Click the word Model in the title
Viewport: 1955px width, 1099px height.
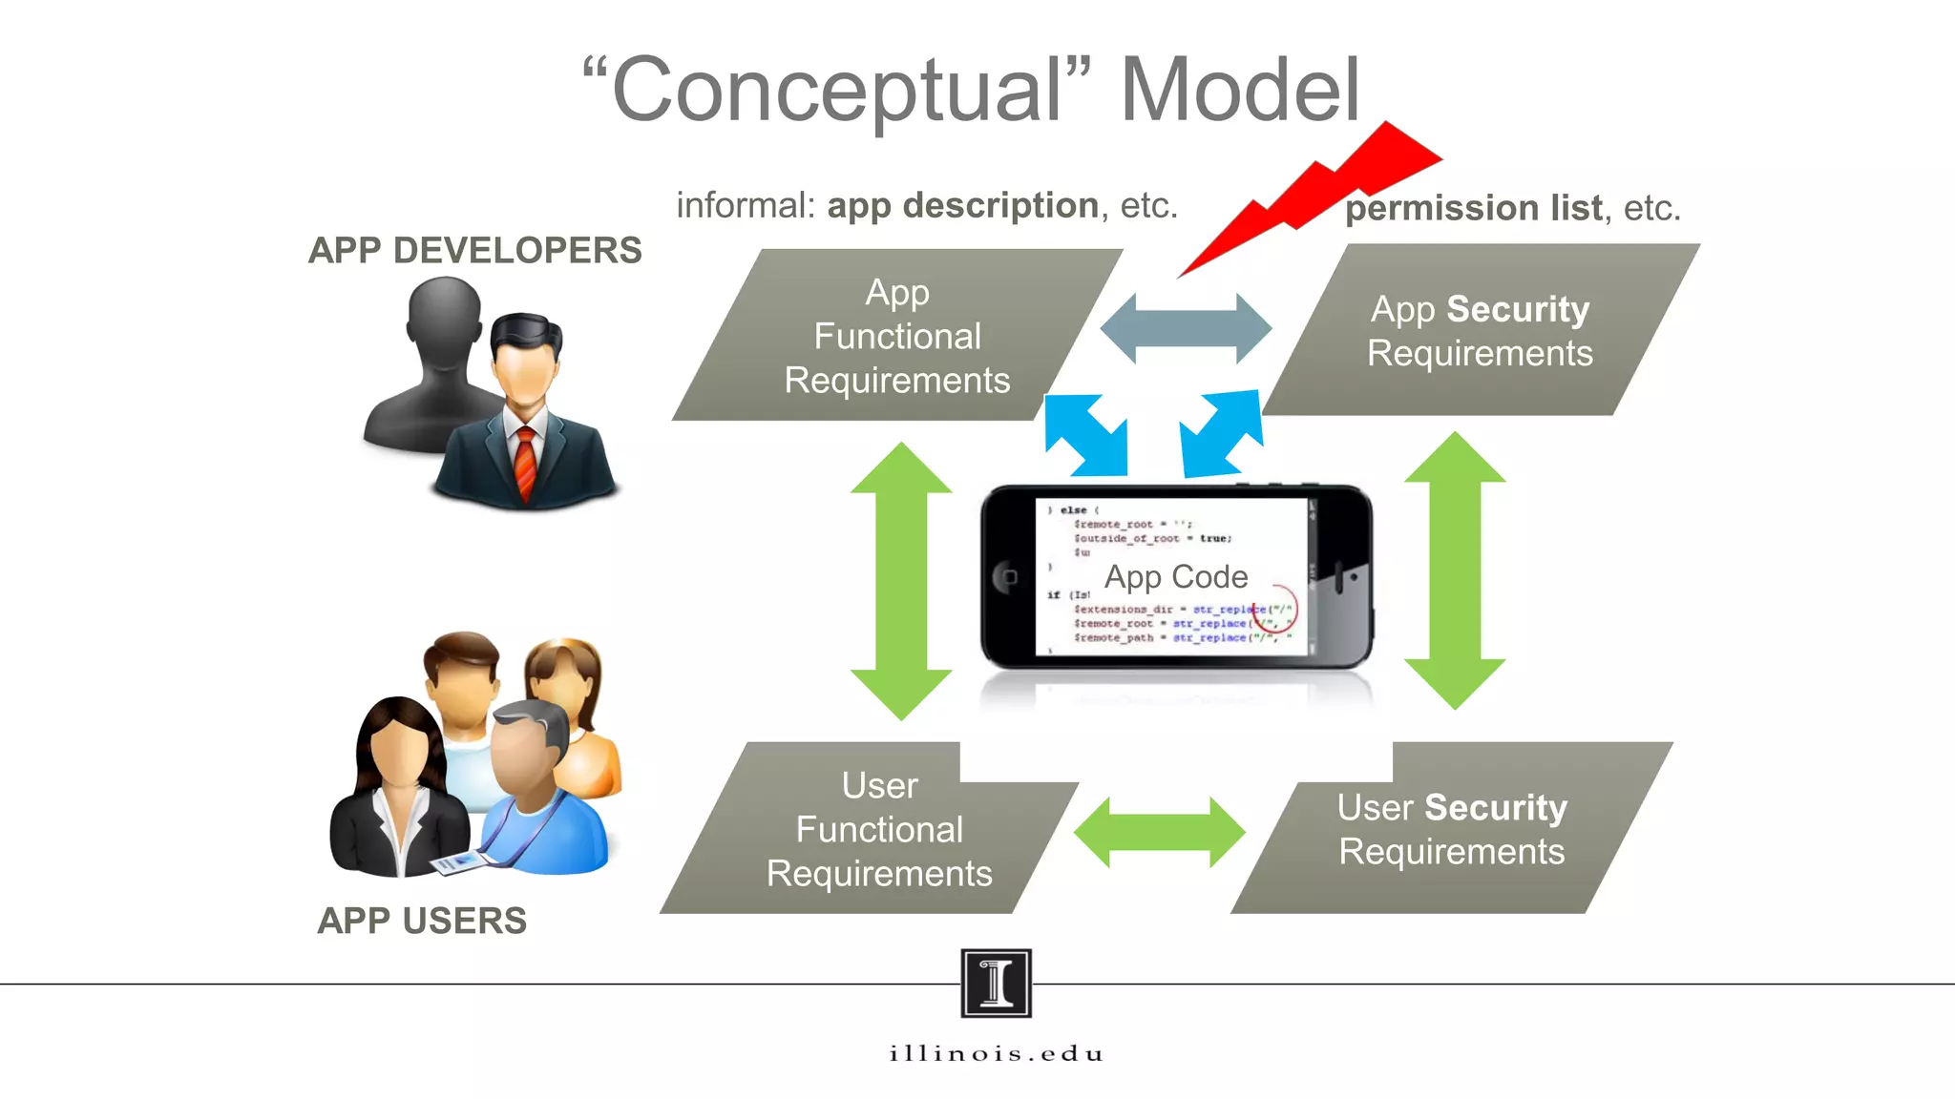pyautogui.click(x=1239, y=90)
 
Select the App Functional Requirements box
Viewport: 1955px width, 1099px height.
pyautogui.click(x=896, y=336)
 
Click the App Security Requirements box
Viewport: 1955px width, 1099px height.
pyautogui.click(x=1480, y=331)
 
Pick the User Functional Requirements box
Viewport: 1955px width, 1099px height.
pyautogui.click(x=879, y=829)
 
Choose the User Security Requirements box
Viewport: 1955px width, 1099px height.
pyautogui.click(x=1451, y=829)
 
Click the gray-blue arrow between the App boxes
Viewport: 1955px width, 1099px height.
pyautogui.click(x=1186, y=328)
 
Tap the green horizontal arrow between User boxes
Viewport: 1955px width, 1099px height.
pyautogui.click(x=1159, y=832)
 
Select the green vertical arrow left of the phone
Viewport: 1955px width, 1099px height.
pyautogui.click(x=901, y=580)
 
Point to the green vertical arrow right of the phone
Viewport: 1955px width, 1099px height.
pyautogui.click(x=1455, y=570)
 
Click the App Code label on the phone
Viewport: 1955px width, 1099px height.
pyautogui.click(x=1176, y=576)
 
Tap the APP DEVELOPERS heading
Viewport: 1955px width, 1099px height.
pyautogui.click(x=474, y=250)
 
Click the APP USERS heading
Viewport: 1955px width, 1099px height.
pyautogui.click(x=422, y=921)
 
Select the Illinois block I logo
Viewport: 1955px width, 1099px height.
pyautogui.click(x=996, y=983)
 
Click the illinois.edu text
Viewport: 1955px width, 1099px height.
pyautogui.click(x=996, y=1053)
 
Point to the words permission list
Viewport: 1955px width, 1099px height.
pyautogui.click(x=1473, y=208)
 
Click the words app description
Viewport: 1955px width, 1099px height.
pyautogui.click(x=962, y=205)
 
